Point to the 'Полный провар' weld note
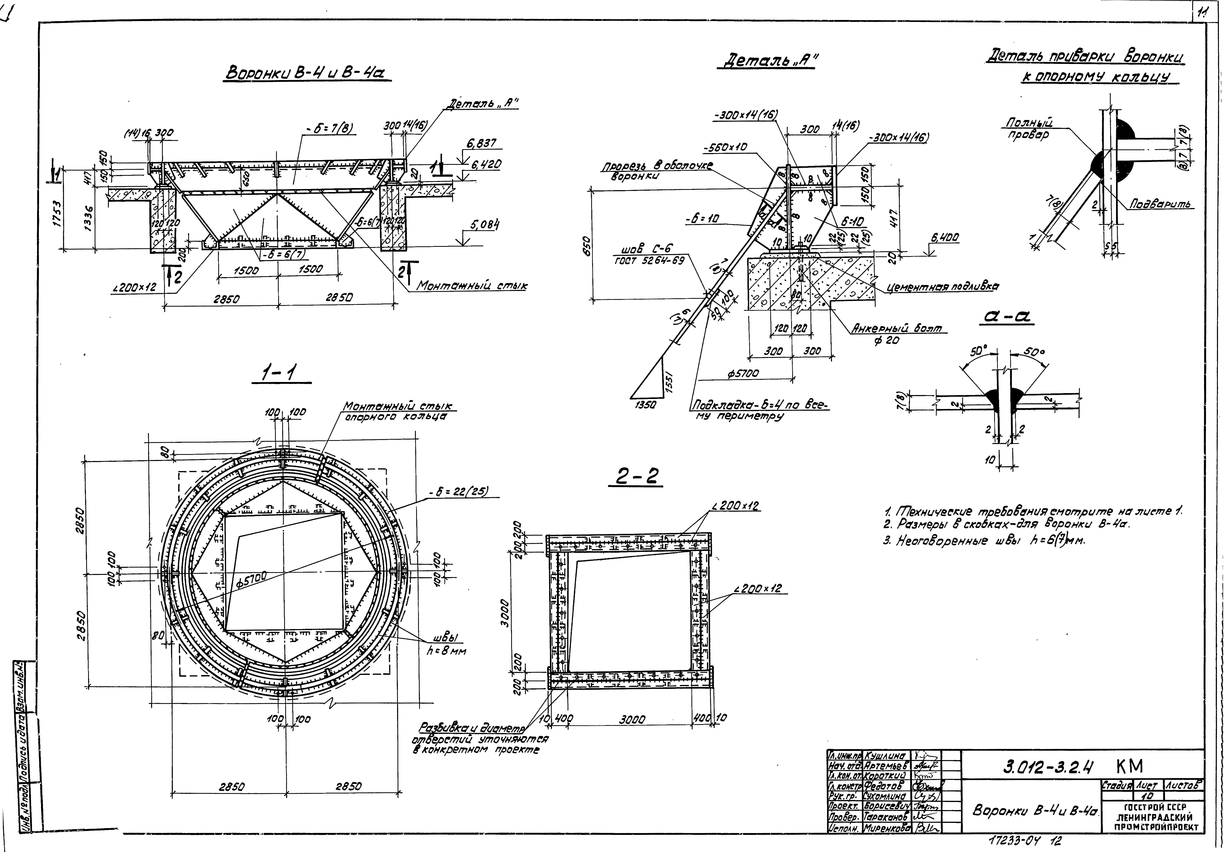pyautogui.click(x=1029, y=129)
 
